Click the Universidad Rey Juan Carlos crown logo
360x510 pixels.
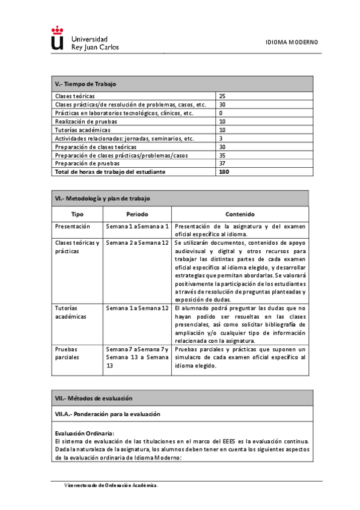tap(57, 38)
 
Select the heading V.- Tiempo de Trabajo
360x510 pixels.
tap(85, 84)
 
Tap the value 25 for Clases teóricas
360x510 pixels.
tap(222, 96)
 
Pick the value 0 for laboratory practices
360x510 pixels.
tap(221, 113)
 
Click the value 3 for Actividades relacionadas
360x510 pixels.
tap(221, 138)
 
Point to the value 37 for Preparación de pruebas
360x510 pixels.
tap(222, 163)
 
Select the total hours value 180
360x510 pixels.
tap(224, 172)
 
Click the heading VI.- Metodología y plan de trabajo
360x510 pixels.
tap(102, 198)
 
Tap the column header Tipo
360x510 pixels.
tap(78, 214)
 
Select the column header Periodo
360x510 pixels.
tap(137, 214)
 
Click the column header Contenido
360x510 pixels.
tap(240, 214)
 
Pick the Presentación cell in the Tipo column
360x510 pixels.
tap(72, 226)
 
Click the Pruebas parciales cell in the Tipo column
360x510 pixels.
tap(67, 353)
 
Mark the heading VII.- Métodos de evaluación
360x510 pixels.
tap(94, 398)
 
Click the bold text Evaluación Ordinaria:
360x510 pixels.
tap(84, 433)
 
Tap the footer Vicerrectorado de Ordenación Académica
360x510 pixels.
tap(112, 485)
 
